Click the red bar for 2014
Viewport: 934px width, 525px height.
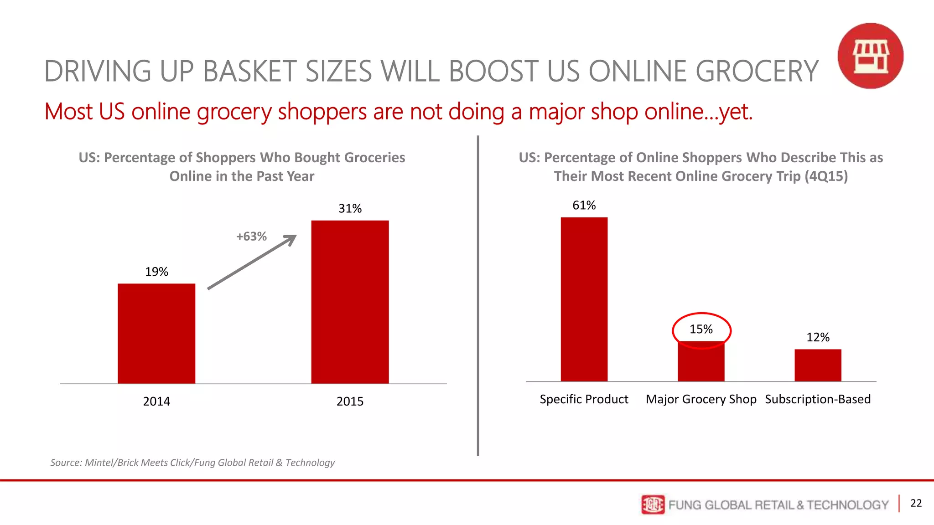[x=156, y=333]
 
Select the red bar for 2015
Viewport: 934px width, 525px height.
[x=350, y=302]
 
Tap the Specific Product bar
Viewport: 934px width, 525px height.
[x=584, y=299]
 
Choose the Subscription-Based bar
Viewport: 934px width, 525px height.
[x=818, y=365]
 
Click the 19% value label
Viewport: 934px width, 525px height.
[x=156, y=272]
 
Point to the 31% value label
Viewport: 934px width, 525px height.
[x=350, y=208]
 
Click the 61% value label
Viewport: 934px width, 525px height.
[x=584, y=205]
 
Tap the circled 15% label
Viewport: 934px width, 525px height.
[x=701, y=329]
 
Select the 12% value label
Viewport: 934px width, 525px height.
[x=818, y=337]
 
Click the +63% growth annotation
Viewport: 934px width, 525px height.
[x=251, y=236]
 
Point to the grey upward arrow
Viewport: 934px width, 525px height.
[x=252, y=262]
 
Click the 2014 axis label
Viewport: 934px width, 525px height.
[x=156, y=401]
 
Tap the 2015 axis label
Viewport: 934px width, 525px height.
[x=350, y=401]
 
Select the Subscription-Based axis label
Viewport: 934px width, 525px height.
[x=818, y=399]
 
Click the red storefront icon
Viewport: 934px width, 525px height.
[x=870, y=56]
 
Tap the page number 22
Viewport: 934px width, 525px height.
[x=916, y=503]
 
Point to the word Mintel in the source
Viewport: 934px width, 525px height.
[x=100, y=463]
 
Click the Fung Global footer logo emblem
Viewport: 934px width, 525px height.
[x=653, y=504]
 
